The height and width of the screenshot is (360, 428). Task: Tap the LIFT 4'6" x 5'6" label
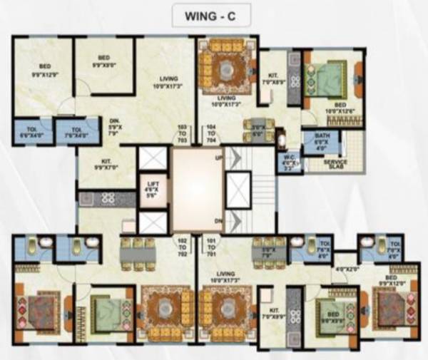(x=150, y=191)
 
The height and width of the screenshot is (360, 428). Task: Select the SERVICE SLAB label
(x=335, y=163)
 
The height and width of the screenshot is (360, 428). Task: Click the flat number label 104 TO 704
(x=213, y=134)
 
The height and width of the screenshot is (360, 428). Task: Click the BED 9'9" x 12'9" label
(x=44, y=69)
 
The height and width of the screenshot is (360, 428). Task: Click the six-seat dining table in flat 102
(x=136, y=253)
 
